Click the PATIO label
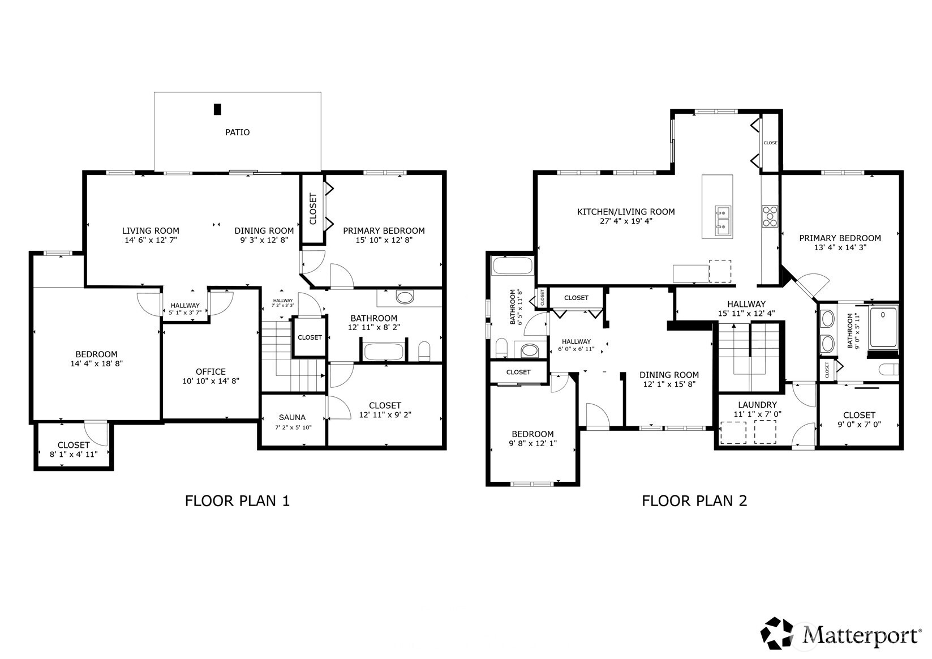(237, 132)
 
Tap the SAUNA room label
(292, 417)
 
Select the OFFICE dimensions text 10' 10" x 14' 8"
(211, 381)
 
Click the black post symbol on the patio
(217, 109)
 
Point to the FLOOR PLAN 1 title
(237, 500)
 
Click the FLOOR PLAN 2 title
(694, 500)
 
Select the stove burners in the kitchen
(770, 216)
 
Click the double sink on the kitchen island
(722, 220)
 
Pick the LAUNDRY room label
(757, 405)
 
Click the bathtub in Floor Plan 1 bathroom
(384, 352)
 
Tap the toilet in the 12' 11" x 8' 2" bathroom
(424, 350)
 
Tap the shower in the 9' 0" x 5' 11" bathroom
(883, 327)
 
